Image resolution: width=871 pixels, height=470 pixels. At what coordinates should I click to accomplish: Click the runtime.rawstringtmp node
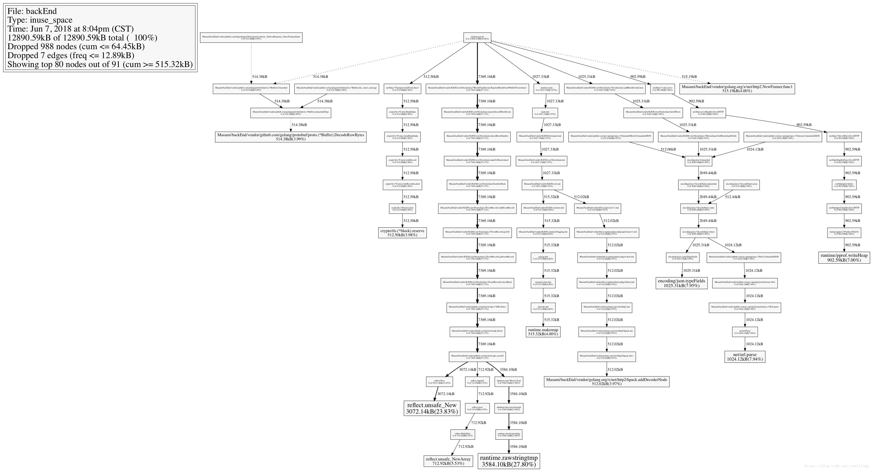[509, 461]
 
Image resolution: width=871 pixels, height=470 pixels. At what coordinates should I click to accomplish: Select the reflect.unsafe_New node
[432, 408]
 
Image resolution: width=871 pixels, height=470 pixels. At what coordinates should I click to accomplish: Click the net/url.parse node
[745, 357]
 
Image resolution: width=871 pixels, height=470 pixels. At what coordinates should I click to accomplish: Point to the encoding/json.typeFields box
[681, 283]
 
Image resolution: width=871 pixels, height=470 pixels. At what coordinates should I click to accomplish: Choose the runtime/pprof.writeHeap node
[844, 258]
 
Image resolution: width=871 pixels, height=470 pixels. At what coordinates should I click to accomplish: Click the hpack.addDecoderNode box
[607, 382]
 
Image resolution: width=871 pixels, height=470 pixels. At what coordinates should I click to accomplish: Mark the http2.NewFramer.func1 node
[737, 89]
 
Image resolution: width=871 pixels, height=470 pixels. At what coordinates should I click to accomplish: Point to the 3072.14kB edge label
[467, 370]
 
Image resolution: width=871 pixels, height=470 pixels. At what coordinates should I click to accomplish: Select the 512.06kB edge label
[668, 149]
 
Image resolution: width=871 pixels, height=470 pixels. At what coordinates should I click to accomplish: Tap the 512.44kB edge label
[732, 197]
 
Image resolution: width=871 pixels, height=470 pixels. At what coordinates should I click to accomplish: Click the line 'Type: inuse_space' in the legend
[40, 20]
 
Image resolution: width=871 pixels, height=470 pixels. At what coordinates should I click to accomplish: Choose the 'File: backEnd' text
[32, 11]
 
